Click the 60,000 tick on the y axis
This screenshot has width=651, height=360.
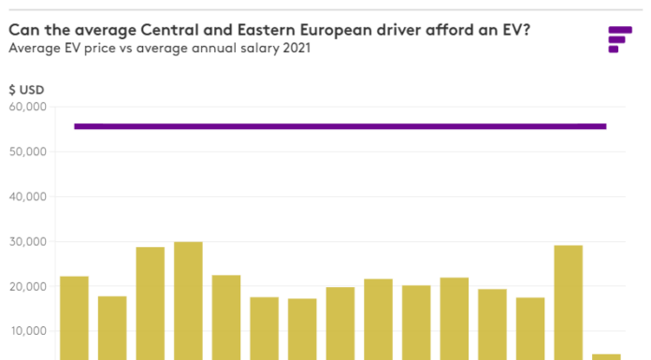(x=28, y=108)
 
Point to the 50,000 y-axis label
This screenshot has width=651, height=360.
(x=28, y=152)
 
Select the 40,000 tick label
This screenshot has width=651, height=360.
(x=28, y=196)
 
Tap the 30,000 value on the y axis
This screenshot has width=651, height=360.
(x=28, y=241)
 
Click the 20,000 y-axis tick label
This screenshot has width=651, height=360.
(x=28, y=286)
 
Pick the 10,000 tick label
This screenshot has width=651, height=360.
(x=29, y=331)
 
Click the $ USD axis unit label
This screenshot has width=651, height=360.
(x=26, y=90)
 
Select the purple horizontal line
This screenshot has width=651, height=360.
(x=340, y=126)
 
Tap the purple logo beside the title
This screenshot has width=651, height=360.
(x=620, y=39)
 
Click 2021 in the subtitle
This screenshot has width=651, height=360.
(x=297, y=48)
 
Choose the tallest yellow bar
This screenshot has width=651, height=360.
(x=189, y=301)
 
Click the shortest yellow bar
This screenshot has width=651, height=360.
(x=606, y=357)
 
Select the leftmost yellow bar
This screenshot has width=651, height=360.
(x=74, y=318)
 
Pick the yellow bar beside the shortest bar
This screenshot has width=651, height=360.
(x=569, y=303)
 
